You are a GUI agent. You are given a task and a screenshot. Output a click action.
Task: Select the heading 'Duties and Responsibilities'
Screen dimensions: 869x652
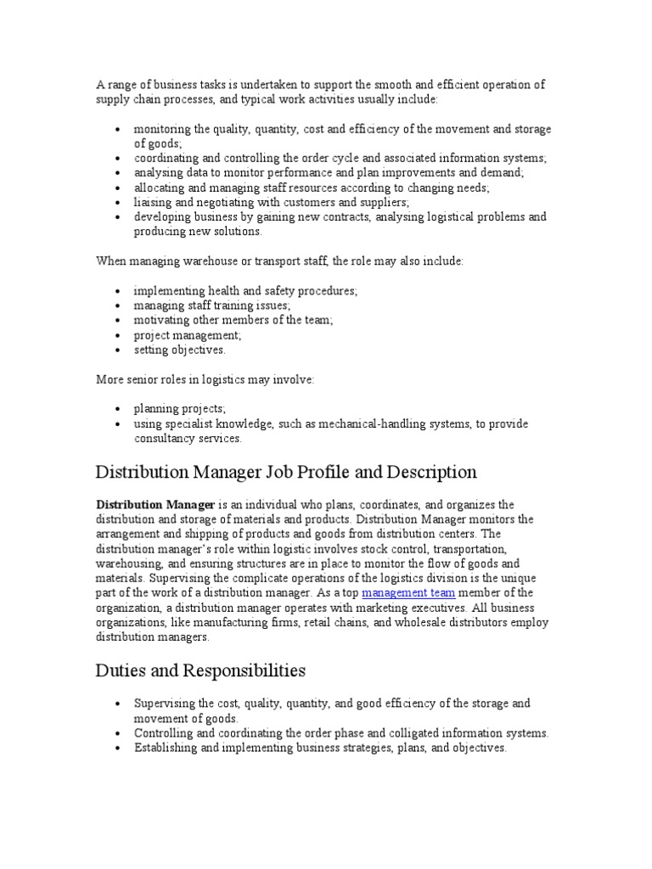click(x=200, y=670)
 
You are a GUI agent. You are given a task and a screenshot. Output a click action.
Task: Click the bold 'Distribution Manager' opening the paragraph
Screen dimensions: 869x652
click(x=155, y=505)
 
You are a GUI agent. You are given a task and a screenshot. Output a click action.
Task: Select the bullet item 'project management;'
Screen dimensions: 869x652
click(x=182, y=334)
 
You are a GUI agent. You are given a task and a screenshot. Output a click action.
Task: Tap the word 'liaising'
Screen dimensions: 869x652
click(x=154, y=202)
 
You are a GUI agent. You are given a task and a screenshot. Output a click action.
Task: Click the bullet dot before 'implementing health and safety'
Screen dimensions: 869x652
click(x=116, y=291)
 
